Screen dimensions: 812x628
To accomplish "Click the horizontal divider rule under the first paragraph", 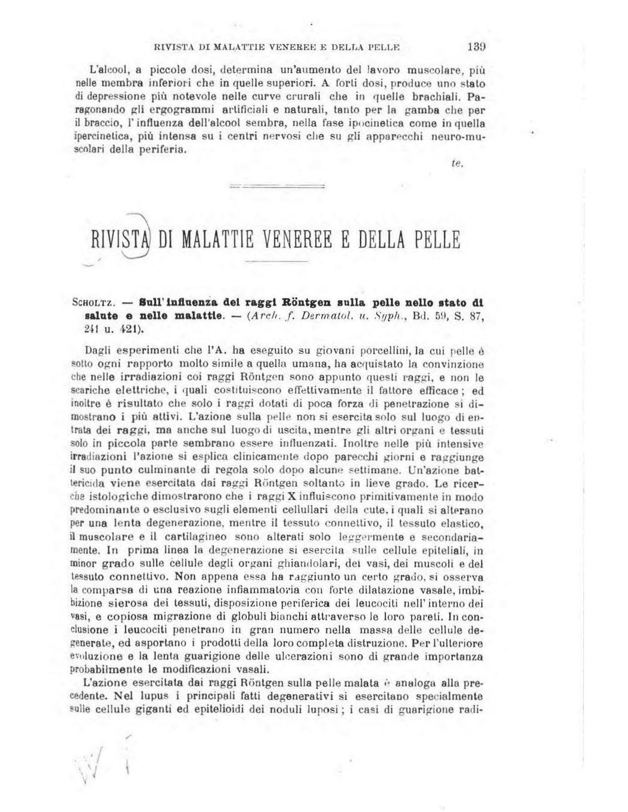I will pos(276,186).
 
